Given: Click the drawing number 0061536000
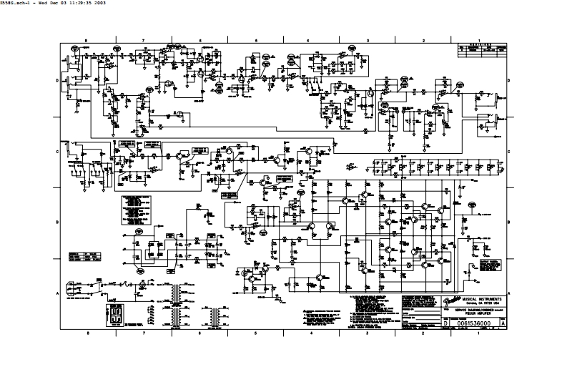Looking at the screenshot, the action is [475, 323].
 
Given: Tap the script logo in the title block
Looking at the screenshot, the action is [448, 303].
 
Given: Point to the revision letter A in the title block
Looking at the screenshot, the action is [504, 323].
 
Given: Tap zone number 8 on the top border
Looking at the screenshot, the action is [87, 41].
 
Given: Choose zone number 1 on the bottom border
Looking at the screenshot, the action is [478, 333].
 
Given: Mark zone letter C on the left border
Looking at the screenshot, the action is [58, 152].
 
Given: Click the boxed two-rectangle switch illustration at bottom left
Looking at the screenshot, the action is [114, 314].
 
